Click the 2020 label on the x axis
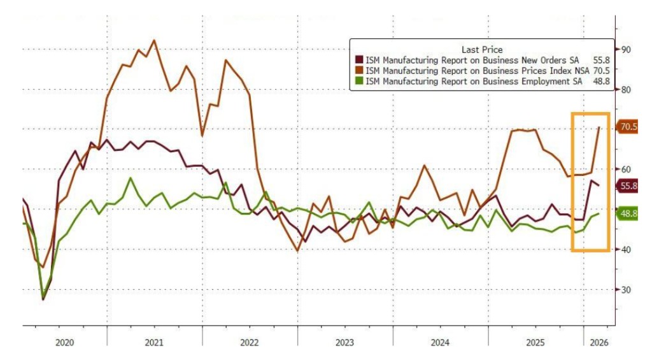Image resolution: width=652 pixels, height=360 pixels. [x=65, y=343]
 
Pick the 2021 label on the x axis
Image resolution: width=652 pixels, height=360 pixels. [x=154, y=343]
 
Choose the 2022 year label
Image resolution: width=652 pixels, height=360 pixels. [x=249, y=343]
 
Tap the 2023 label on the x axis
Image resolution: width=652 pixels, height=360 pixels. [x=344, y=343]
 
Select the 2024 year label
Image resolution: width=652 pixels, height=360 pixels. [x=440, y=343]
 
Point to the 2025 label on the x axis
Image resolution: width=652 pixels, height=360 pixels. [x=535, y=343]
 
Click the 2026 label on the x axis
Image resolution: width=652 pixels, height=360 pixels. [x=599, y=343]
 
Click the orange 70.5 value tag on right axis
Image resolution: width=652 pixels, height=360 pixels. [x=628, y=127]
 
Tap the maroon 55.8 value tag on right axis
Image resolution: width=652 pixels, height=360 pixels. [x=628, y=186]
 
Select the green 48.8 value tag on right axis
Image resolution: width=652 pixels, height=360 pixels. [x=628, y=214]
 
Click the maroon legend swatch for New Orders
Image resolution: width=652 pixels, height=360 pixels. [x=358, y=60]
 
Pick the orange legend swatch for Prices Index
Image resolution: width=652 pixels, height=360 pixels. [x=358, y=71]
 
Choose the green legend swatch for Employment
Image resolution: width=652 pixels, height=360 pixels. [x=358, y=82]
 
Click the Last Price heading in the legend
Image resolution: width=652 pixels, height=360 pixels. [x=481, y=49]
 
